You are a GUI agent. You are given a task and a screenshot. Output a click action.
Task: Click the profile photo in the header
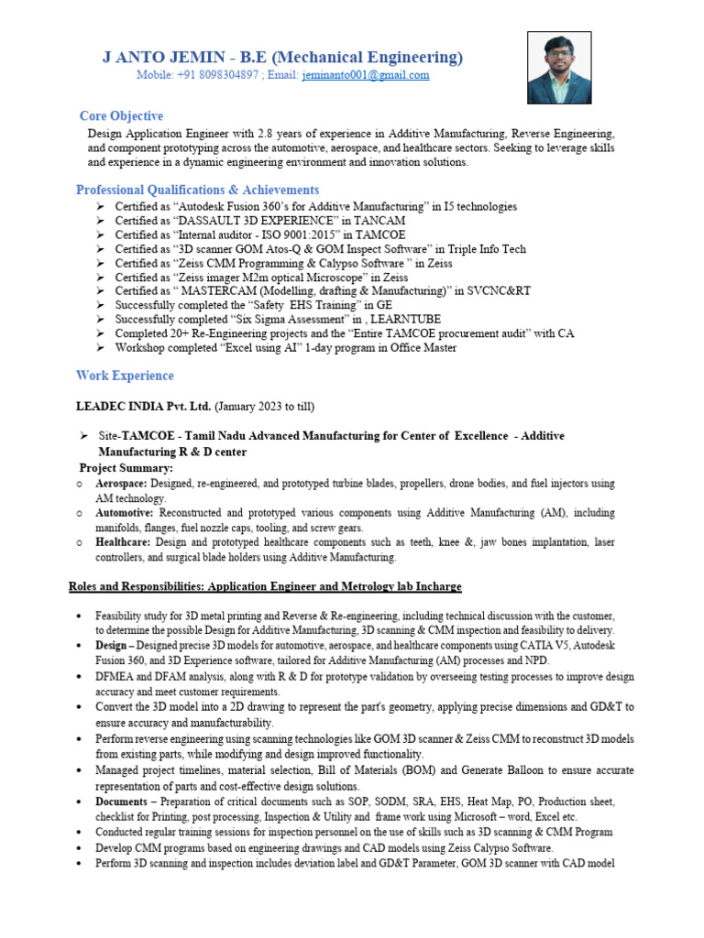tap(559, 68)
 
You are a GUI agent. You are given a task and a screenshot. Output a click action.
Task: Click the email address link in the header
tap(366, 75)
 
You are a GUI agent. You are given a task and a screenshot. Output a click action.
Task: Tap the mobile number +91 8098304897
tap(214, 75)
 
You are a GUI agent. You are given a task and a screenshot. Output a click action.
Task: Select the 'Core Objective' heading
tap(121, 116)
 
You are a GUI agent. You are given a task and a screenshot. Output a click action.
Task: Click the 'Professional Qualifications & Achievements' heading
tap(197, 190)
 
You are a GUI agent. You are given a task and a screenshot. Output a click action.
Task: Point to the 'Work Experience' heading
tap(125, 376)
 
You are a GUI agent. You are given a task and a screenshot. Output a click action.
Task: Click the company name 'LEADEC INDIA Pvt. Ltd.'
tap(142, 406)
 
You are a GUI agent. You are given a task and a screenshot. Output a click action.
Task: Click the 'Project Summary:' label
tap(126, 468)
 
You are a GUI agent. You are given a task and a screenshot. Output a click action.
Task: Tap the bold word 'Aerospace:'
tap(122, 483)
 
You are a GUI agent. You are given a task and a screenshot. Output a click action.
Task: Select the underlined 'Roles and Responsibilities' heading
tap(265, 586)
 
